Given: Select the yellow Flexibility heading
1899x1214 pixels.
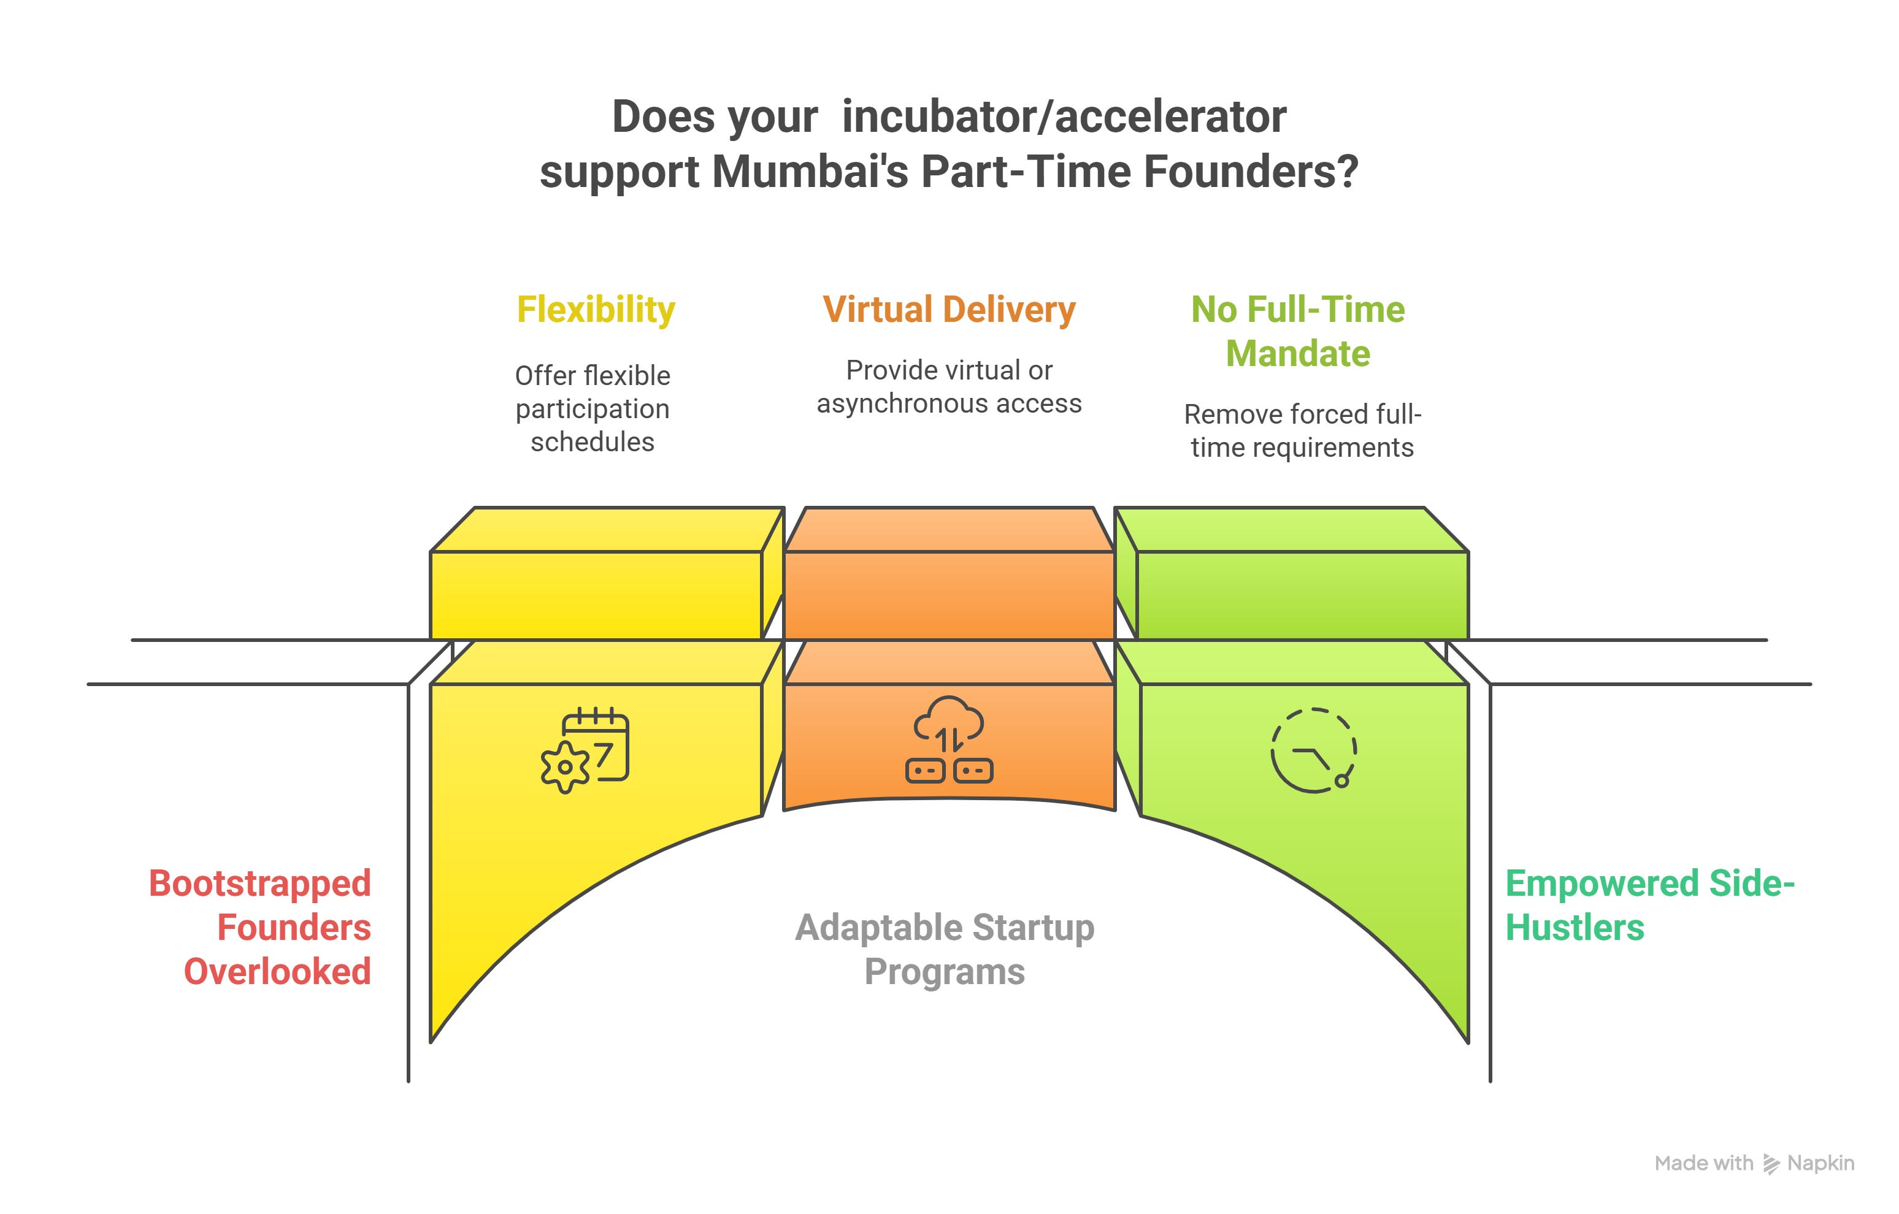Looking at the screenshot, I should (x=596, y=309).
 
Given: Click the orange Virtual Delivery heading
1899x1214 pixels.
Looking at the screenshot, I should (x=949, y=309).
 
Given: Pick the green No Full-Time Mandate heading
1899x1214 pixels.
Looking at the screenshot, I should (x=1297, y=331).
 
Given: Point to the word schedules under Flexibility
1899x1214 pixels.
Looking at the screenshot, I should (x=593, y=442).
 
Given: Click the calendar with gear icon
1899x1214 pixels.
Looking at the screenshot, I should (x=585, y=749).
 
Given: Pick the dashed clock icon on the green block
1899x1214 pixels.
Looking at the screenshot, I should (x=1313, y=750).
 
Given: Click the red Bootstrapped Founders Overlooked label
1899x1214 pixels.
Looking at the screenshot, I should (x=260, y=927).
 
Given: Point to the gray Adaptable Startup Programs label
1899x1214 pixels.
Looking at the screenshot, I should (x=945, y=949).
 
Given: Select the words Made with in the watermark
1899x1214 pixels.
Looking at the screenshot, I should (x=1703, y=1164).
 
